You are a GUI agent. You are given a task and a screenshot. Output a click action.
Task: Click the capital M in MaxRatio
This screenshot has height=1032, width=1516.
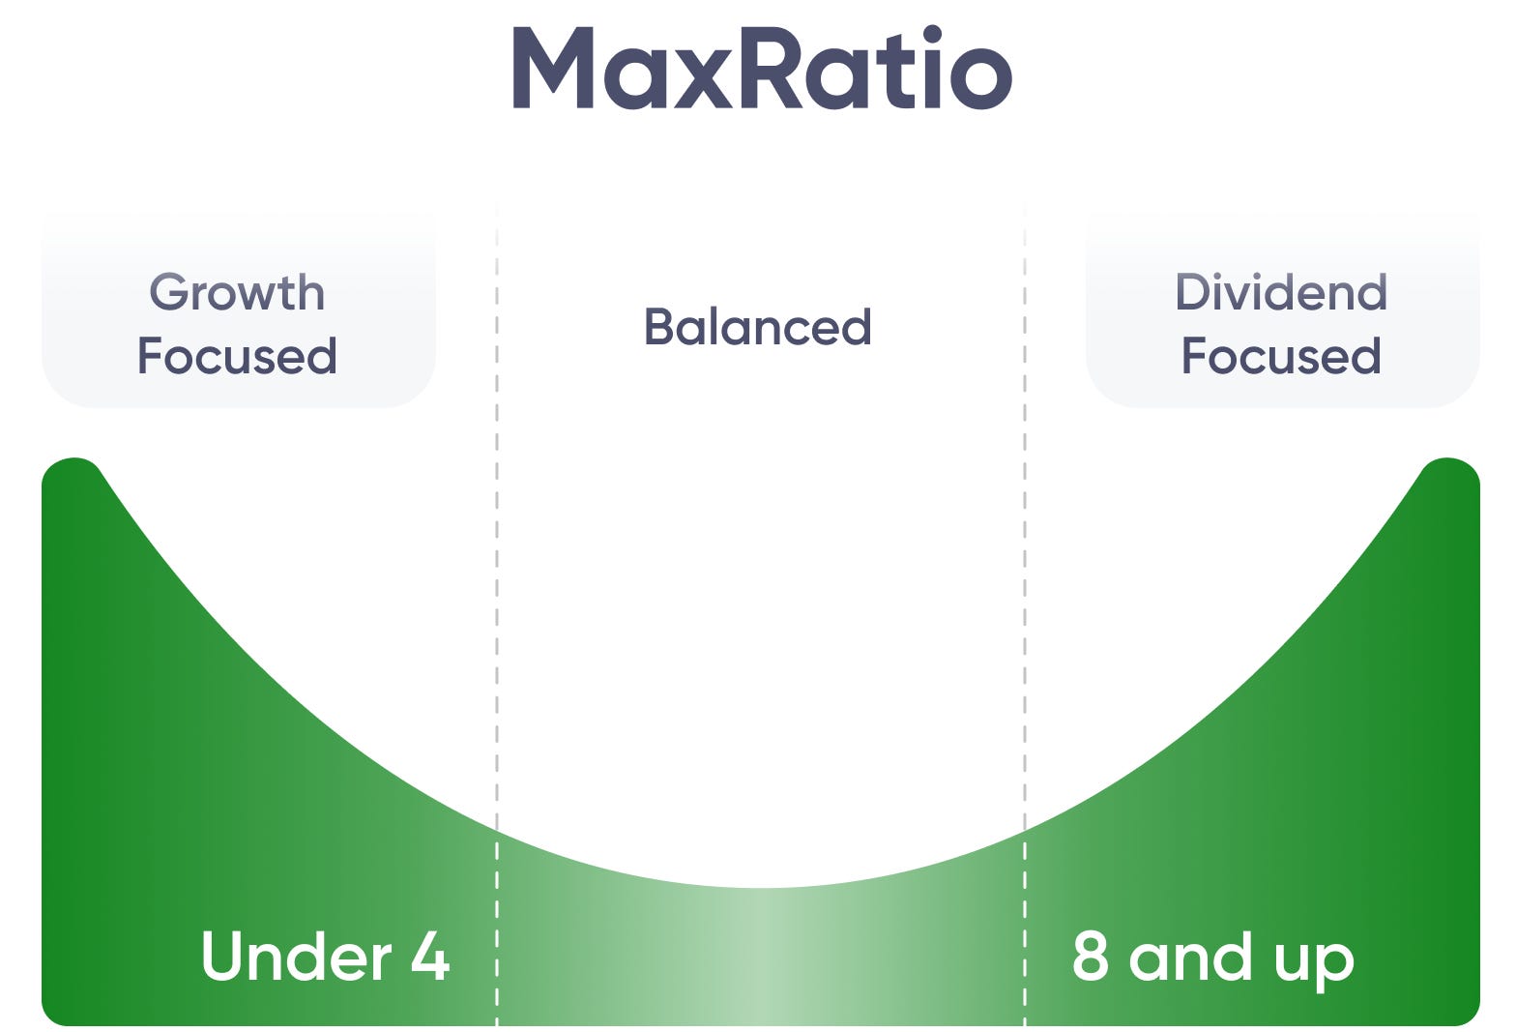(x=552, y=68)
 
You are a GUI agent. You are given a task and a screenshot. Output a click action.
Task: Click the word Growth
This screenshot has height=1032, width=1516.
(x=237, y=293)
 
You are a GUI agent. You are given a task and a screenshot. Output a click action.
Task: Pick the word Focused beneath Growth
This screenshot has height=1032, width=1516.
(x=237, y=356)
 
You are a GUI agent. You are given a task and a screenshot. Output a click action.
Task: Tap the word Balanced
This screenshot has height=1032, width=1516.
(x=758, y=327)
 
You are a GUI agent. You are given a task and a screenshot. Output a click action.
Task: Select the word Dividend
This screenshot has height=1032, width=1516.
(x=1281, y=292)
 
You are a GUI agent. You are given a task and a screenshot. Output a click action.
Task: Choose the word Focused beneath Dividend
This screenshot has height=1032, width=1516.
(x=1281, y=356)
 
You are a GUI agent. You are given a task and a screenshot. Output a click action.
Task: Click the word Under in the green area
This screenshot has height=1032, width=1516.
(x=296, y=957)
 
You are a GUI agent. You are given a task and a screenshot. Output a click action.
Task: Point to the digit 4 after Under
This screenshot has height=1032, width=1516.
(x=430, y=957)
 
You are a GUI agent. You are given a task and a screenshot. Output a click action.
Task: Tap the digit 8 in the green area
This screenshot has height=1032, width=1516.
(x=1090, y=957)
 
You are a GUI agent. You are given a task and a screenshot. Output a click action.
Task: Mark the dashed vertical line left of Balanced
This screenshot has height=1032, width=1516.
(x=497, y=580)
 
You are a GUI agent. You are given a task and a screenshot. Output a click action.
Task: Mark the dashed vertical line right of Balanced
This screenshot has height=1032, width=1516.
(x=1025, y=580)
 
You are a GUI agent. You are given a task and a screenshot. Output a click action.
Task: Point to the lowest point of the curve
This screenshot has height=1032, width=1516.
(x=761, y=887)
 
